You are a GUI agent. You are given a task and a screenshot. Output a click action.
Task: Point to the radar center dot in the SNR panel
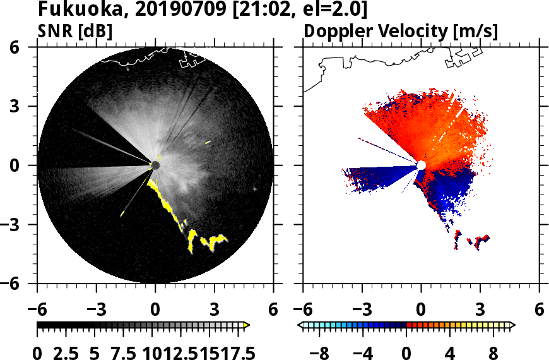[x=155, y=165]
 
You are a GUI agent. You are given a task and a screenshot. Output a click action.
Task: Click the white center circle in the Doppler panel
[x=421, y=165]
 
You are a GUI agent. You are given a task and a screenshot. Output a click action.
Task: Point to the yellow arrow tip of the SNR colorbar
[x=246, y=325]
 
